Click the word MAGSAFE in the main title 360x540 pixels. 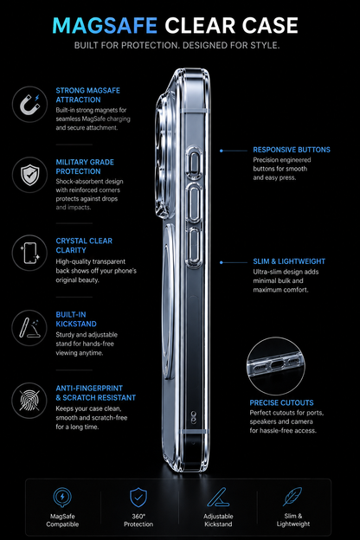pos(105,25)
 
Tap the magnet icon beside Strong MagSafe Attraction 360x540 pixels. pos(29,104)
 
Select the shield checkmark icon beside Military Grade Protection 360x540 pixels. pos(29,175)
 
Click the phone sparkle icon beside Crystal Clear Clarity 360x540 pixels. pos(29,253)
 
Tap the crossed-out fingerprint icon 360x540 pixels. pos(29,401)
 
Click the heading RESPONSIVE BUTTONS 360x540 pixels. pos(292,150)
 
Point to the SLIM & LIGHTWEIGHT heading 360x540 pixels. pos(289,261)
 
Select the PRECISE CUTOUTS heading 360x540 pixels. pos(281,402)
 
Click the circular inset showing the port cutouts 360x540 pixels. pos(275,366)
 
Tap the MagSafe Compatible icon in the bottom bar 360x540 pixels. pos(62,498)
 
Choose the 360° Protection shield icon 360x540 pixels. pos(138,498)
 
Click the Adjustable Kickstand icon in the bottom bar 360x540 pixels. pos(218,498)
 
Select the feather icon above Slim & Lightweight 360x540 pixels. pos(292,497)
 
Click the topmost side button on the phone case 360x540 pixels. pos(194,163)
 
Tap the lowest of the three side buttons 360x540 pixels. pos(194,247)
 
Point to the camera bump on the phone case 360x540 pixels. pos(164,155)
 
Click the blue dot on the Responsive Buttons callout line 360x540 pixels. pos(222,151)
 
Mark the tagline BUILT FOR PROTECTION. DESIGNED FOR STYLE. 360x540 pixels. pos(177,45)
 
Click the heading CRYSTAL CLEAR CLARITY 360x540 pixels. pos(84,246)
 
